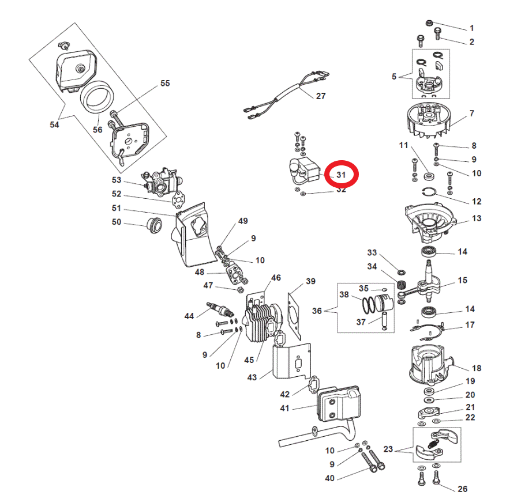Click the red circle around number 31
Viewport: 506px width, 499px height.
(x=342, y=174)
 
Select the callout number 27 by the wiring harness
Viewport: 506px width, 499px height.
(x=321, y=96)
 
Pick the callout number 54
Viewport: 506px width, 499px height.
(x=54, y=124)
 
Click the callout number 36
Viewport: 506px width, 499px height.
(x=317, y=311)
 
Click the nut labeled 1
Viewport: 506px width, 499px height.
(x=429, y=22)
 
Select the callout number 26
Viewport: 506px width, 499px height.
(x=462, y=489)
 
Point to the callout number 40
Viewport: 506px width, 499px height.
(x=329, y=478)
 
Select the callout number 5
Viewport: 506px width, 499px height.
(x=394, y=76)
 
